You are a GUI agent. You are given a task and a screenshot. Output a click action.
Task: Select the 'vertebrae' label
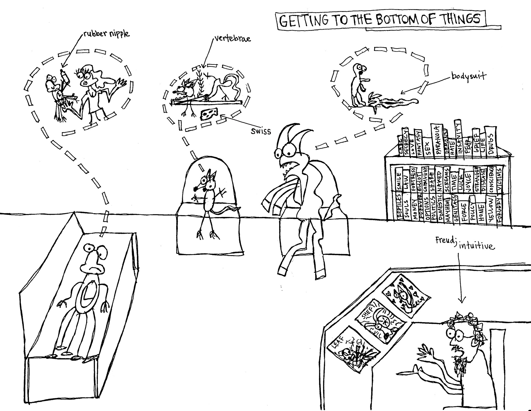coord(232,39)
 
